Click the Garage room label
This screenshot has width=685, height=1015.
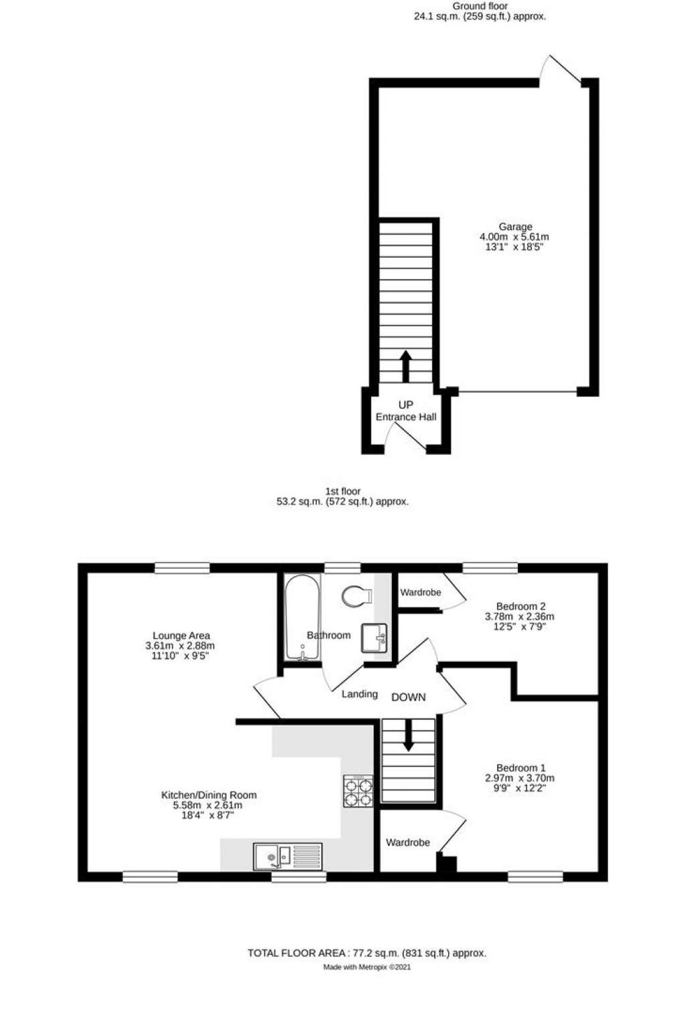(514, 227)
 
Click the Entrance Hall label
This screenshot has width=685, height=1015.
(405, 417)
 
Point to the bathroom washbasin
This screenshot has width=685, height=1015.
(374, 637)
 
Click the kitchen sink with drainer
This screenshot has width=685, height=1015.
(288, 856)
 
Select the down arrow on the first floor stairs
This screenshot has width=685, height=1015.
(407, 736)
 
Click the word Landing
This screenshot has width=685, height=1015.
(360, 694)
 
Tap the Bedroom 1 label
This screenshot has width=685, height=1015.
(520, 767)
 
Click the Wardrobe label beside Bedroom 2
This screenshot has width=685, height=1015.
(420, 592)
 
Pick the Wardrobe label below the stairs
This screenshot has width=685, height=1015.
(407, 842)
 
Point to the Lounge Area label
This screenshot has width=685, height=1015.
(181, 636)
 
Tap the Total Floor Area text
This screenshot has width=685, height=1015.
(367, 953)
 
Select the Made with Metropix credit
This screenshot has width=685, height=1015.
(367, 967)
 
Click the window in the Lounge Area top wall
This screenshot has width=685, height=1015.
(182, 568)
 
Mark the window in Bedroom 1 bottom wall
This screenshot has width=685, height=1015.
(535, 876)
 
